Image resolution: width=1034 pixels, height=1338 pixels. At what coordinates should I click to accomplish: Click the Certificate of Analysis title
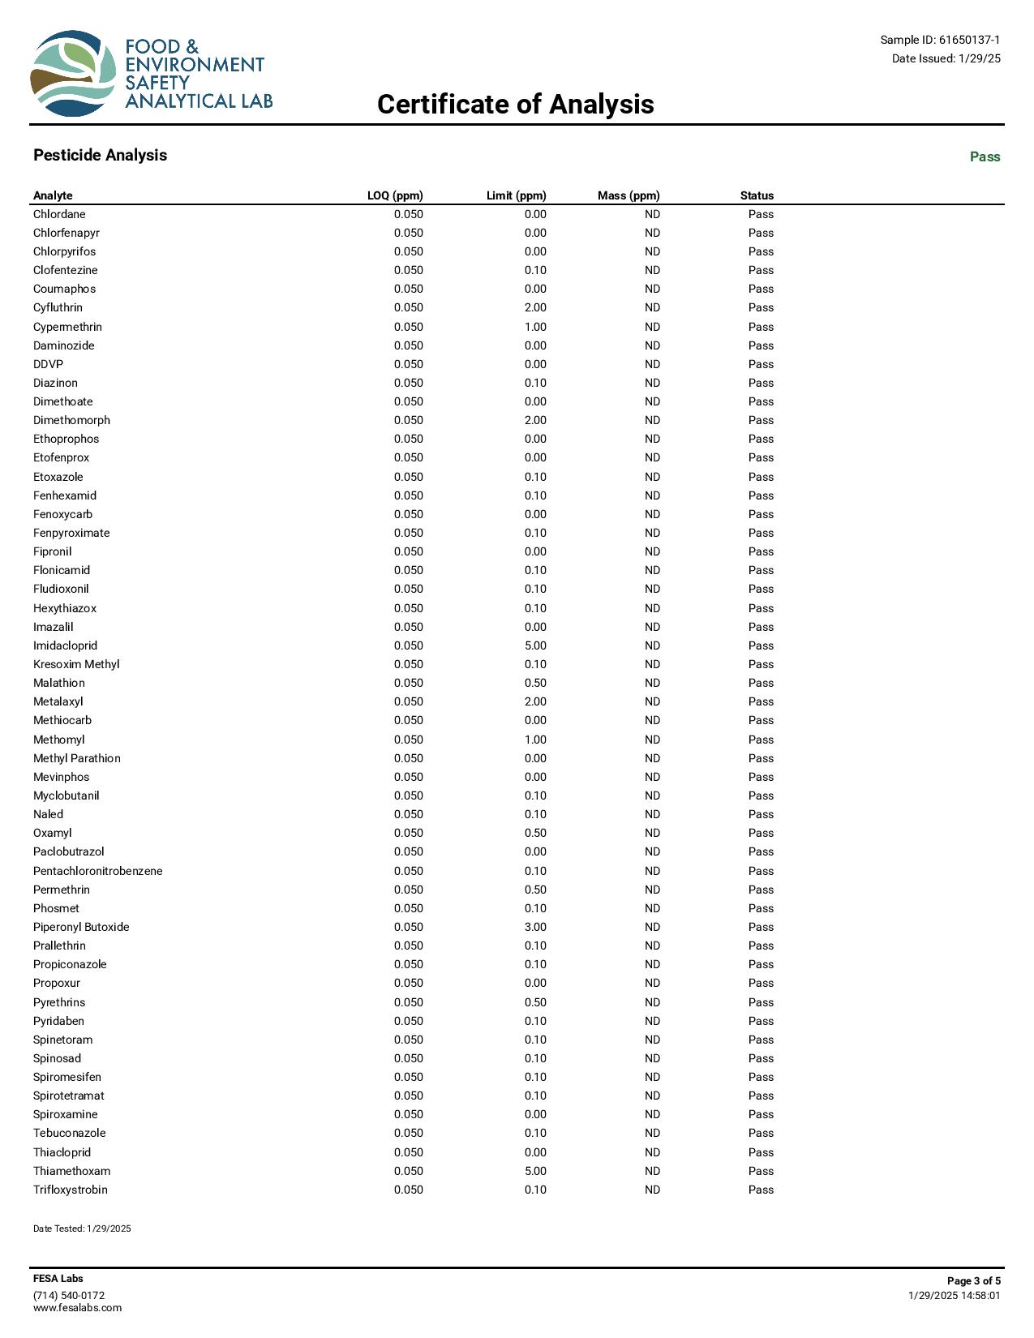[x=515, y=105]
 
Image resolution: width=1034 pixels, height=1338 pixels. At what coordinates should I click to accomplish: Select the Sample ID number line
[x=940, y=40]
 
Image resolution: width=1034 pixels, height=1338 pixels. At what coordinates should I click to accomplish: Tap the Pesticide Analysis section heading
[x=100, y=156]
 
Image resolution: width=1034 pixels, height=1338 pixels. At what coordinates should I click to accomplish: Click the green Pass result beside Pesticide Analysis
[x=985, y=157]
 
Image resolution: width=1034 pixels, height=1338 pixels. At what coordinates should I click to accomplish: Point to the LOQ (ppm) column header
[x=395, y=195]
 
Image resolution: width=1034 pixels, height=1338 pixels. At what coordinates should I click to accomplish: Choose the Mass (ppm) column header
[x=629, y=195]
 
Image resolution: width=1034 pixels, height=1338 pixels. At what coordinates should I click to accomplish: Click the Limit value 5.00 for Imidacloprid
[x=535, y=645]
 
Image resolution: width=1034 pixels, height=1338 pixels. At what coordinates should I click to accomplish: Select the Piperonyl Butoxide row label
[x=81, y=927]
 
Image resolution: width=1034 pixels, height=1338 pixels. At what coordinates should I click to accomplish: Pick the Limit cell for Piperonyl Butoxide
[x=535, y=927]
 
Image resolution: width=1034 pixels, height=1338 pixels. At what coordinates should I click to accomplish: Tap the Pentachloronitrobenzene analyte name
[x=97, y=871]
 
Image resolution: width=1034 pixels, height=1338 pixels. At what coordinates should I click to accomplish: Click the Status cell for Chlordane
[x=761, y=214]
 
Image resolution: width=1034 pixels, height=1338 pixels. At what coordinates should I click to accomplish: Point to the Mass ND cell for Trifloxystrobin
[x=652, y=1190]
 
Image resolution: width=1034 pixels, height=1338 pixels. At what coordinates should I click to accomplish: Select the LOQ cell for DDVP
[x=409, y=364]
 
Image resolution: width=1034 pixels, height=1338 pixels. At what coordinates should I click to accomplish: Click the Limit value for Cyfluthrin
[x=535, y=307]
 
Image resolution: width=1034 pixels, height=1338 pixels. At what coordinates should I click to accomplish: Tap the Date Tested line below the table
[x=82, y=1229]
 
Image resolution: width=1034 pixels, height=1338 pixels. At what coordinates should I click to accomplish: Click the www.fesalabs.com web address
[x=77, y=1307]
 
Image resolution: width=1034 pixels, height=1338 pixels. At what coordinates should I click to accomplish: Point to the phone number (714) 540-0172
[x=69, y=1295]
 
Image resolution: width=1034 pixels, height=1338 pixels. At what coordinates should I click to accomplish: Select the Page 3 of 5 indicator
[x=973, y=1281]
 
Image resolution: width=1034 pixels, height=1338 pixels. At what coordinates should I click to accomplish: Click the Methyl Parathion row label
[x=77, y=758]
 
